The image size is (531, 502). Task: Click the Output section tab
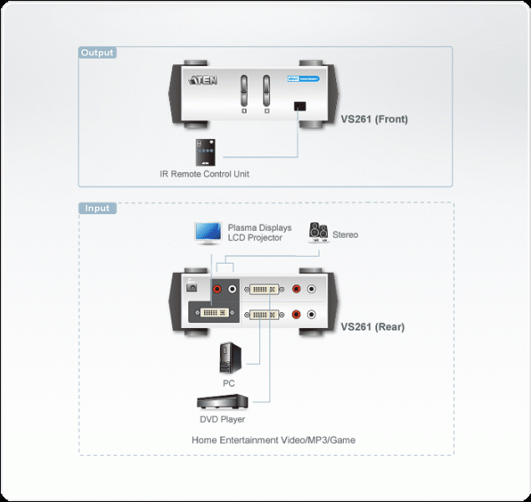tap(97, 53)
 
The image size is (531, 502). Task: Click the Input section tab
tap(97, 208)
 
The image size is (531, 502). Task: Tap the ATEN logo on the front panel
tap(206, 80)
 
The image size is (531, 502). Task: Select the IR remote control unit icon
tap(206, 151)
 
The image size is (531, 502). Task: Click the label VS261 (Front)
tap(374, 119)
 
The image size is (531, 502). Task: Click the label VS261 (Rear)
tap(373, 327)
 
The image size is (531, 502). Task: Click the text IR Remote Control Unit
tap(204, 174)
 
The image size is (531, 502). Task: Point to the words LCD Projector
tap(255, 238)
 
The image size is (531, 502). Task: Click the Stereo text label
tap(345, 234)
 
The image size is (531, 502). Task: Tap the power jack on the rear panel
tap(191, 286)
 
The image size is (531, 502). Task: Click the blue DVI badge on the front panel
tap(294, 80)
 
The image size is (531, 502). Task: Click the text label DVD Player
tap(222, 419)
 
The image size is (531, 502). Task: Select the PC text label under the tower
tap(228, 383)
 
